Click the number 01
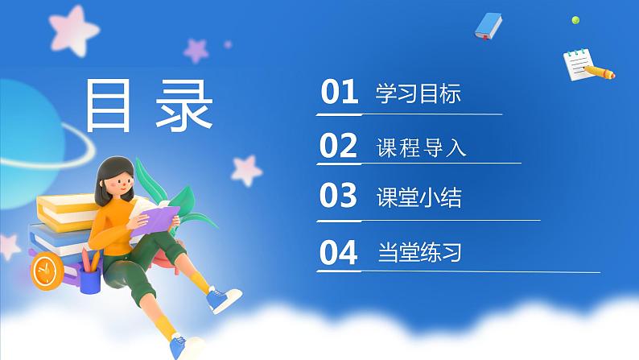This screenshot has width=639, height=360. [338, 93]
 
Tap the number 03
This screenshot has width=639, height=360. [338, 197]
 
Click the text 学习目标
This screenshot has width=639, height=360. [418, 93]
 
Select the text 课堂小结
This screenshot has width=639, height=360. [418, 198]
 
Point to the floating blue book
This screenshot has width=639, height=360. [488, 26]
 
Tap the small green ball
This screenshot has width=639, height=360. [575, 19]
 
